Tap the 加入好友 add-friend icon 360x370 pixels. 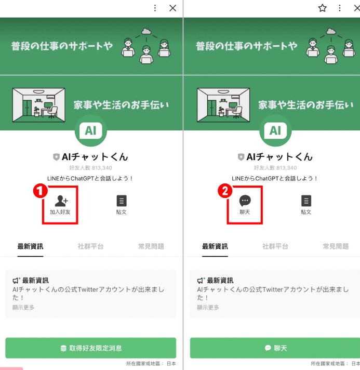(x=61, y=201)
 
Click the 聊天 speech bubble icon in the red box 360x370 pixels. (x=245, y=201)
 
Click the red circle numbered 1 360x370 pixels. (x=41, y=191)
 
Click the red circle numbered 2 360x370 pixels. (x=225, y=191)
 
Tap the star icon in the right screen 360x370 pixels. (x=323, y=8)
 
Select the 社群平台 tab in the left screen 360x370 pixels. (x=90, y=246)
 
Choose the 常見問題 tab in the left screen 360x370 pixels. (x=151, y=246)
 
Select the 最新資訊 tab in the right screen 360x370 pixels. (x=215, y=246)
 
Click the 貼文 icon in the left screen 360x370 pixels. (x=122, y=201)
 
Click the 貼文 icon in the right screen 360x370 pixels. (x=306, y=201)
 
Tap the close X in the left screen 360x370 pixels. (x=172, y=8)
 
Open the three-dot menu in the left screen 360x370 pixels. (x=155, y=8)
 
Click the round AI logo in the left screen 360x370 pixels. (x=91, y=130)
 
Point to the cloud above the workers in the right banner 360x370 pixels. (x=331, y=31)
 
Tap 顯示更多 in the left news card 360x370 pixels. (x=23, y=307)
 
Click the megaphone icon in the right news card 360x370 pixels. (x=201, y=280)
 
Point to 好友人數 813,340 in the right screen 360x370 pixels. (x=275, y=168)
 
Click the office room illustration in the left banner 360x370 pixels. (x=38, y=105)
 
